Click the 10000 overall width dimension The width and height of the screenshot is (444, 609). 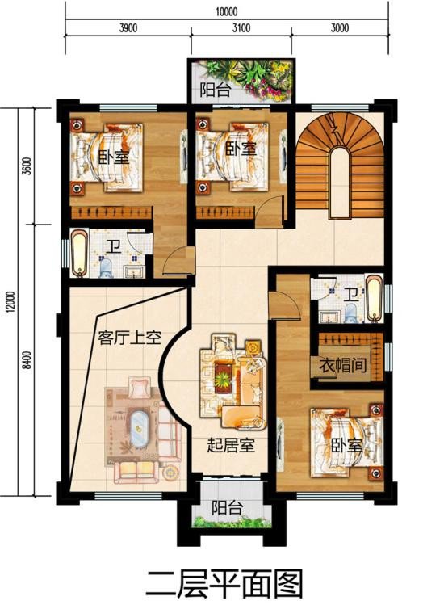pos(227,11)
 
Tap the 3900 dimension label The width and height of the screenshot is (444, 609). pos(128,28)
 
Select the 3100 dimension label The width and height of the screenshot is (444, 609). pos(241,28)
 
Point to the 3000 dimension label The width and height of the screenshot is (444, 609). pos(340,28)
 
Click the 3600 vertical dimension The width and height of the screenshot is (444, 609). pos(27,166)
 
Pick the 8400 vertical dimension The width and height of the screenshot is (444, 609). pos(27,360)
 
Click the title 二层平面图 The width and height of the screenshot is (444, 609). pos(224,585)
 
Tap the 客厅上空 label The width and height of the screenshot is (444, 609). pos(130,338)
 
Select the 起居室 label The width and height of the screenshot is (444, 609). pos(231,445)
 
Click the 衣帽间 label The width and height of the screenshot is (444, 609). pos(343,365)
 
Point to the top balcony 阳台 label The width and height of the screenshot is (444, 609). pos(216,90)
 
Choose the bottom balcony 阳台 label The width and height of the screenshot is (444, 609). pos(228,507)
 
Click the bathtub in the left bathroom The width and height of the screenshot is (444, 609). pos(79,254)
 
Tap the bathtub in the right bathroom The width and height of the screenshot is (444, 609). pos(374,299)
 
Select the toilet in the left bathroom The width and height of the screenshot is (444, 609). pos(106,268)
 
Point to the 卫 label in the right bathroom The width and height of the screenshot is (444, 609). pos(351,294)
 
